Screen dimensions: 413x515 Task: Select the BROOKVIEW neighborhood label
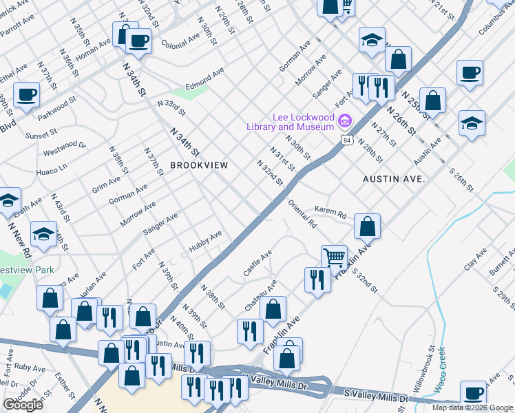pos(199,166)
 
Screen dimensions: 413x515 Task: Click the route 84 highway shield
pos(342,140)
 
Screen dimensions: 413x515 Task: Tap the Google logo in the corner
pos(23,405)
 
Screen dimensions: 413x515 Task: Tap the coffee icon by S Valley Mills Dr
pos(473,393)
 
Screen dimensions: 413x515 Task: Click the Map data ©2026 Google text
pos(472,407)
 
